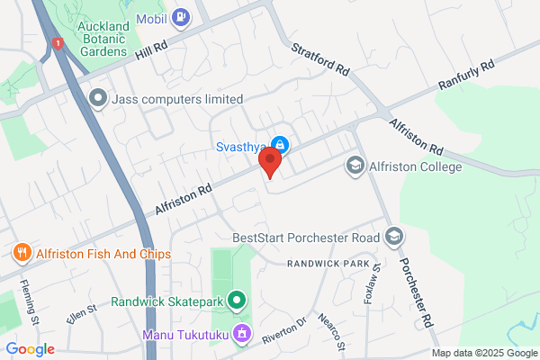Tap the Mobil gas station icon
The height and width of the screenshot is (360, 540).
pyautogui.click(x=182, y=15)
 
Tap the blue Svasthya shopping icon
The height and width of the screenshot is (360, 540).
pyautogui.click(x=280, y=144)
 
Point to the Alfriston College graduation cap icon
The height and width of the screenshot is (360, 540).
pyautogui.click(x=355, y=166)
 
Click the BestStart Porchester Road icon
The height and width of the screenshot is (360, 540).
pyautogui.click(x=393, y=238)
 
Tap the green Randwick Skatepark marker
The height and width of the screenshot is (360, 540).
pyautogui.click(x=238, y=301)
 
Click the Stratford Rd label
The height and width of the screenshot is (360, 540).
pyautogui.click(x=320, y=56)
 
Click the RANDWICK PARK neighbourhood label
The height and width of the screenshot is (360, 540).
pyautogui.click(x=329, y=264)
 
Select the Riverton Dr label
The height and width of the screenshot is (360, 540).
pyautogui.click(x=285, y=329)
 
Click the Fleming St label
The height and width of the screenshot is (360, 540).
pyautogui.click(x=30, y=302)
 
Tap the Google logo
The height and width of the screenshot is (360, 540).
pyautogui.click(x=31, y=349)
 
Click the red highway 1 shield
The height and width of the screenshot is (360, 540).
pyautogui.click(x=58, y=42)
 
